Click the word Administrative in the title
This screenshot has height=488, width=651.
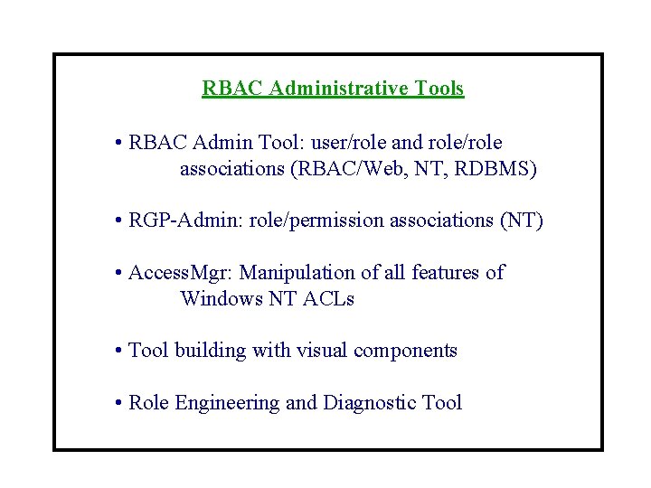(x=338, y=89)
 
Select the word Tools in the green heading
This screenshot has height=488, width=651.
(x=439, y=89)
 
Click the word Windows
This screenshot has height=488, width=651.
(x=222, y=299)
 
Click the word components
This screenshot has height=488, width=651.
(x=406, y=352)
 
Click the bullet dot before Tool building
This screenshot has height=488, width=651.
(x=119, y=351)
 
